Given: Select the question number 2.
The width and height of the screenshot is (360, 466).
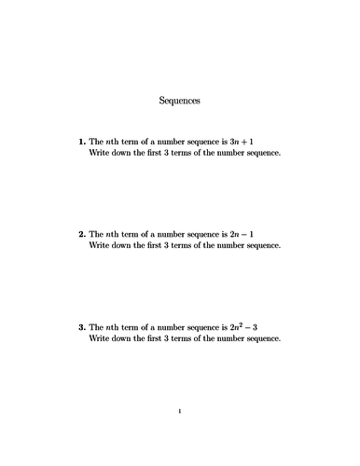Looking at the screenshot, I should click(x=81, y=234).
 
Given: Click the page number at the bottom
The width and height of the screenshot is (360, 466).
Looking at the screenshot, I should click(x=180, y=410).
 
